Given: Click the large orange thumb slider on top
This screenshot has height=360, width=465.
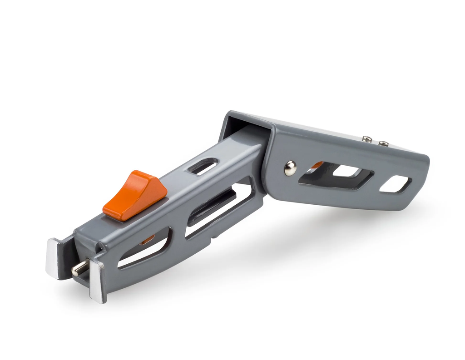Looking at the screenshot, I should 134,194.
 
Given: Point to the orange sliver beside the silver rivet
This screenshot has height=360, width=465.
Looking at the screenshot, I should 317,165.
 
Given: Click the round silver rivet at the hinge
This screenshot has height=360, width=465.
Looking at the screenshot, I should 290,168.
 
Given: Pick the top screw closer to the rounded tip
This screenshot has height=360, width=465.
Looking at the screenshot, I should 383,143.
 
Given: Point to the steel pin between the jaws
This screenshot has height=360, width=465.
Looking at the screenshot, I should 80,268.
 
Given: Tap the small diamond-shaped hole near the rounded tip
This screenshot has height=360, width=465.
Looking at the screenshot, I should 395,184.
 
